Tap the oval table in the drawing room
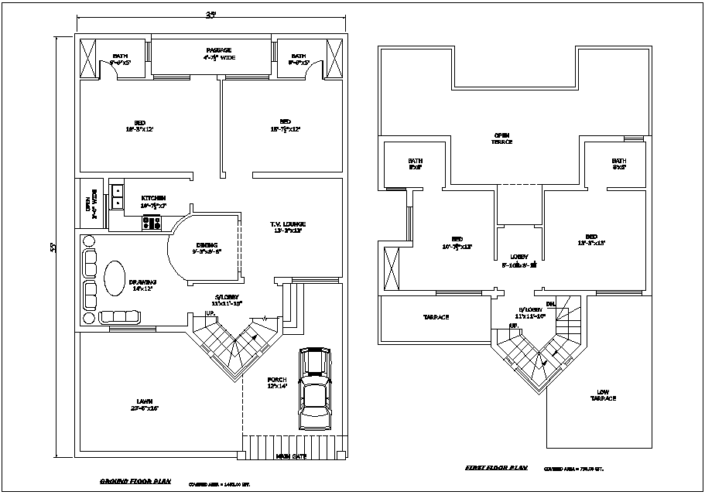[x=114, y=276]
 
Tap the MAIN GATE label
[x=291, y=456]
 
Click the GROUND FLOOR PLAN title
[x=135, y=481]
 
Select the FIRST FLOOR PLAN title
[x=495, y=467]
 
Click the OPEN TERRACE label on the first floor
[x=503, y=138]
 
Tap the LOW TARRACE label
[x=603, y=394]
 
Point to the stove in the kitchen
[x=152, y=224]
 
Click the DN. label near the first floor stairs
[x=551, y=304]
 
